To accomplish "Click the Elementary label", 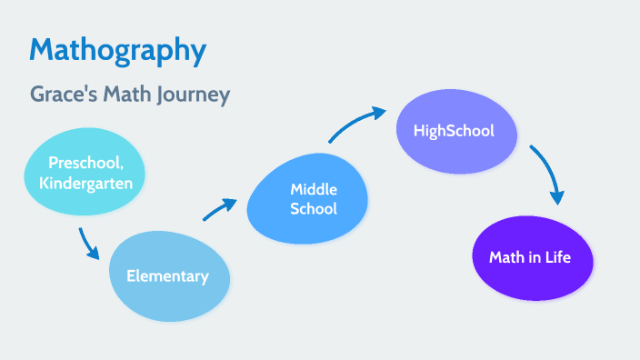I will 167,275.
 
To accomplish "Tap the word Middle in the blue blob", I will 314,189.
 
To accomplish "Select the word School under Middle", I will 314,209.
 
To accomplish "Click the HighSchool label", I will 454,130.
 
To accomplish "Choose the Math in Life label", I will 530,257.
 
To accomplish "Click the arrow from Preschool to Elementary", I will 87,244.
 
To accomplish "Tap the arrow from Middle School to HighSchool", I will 355,124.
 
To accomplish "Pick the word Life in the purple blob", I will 556,257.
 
